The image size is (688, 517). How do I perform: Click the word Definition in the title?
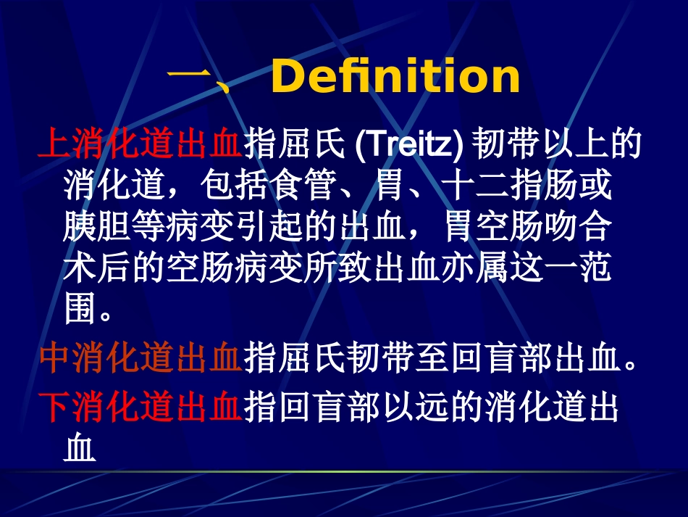[395, 77]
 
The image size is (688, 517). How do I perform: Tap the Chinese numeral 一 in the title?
[188, 77]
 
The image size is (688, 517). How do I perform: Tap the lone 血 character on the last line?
[80, 450]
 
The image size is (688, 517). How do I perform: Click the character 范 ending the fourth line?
[595, 269]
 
